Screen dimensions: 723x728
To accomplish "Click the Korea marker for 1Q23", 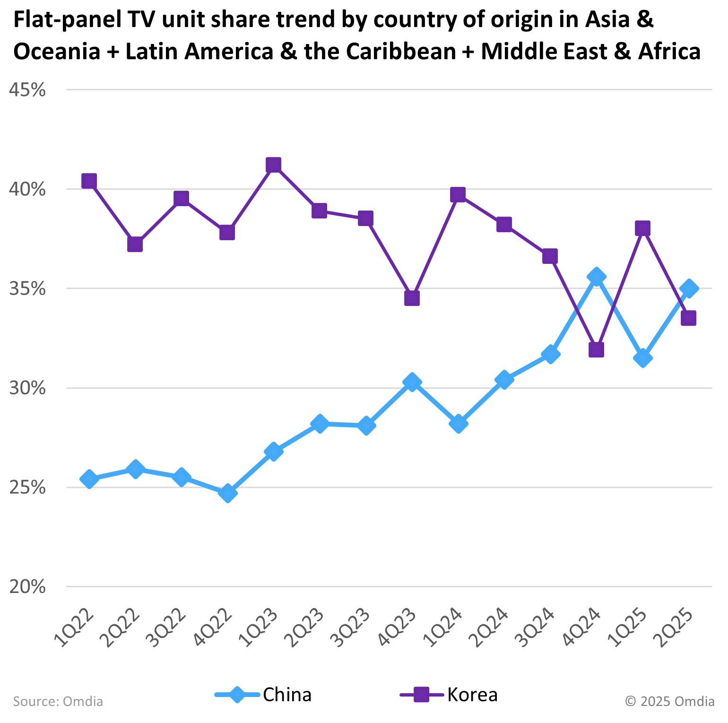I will click(273, 165).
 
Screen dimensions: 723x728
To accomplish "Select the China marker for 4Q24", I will click(596, 277).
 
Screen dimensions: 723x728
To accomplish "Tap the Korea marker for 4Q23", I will click(412, 298).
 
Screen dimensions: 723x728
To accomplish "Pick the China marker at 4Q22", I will click(227, 493).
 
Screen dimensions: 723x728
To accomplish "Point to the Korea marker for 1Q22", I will click(89, 181).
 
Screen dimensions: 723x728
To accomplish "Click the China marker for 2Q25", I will click(689, 288).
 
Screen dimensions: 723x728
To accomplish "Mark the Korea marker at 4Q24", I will click(596, 350).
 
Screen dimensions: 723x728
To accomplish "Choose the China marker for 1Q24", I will click(458, 423).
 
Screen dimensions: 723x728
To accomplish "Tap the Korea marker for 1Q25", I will click(642, 228).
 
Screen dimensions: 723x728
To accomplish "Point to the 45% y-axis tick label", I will click(27, 90).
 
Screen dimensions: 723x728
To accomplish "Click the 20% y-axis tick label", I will click(27, 587).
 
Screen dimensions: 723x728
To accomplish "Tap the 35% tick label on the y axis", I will click(27, 288).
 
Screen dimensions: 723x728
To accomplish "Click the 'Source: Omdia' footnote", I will click(58, 701).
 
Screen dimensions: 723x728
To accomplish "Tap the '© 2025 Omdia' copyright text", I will click(669, 701).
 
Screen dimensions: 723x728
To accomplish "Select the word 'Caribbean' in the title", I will click(400, 51).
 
